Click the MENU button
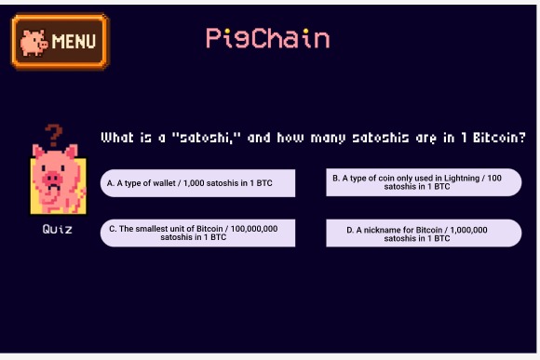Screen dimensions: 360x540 click(60, 41)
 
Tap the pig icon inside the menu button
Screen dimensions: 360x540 click(34, 42)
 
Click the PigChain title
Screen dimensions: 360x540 click(267, 38)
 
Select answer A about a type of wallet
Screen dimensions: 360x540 click(197, 183)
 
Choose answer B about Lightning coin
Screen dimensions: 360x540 click(423, 182)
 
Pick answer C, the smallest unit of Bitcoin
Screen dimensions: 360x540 click(197, 233)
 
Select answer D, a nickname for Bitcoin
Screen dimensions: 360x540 click(423, 233)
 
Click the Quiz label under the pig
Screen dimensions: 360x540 click(57, 229)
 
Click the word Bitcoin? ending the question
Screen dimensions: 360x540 click(498, 138)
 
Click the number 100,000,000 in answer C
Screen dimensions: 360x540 click(252, 228)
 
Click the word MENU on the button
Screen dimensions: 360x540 click(74, 42)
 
